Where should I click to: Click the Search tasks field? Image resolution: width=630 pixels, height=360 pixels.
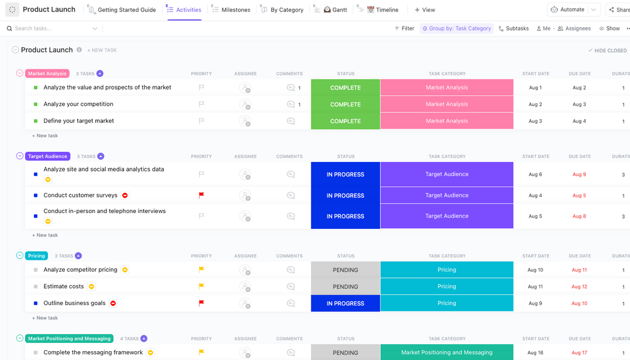point(50,28)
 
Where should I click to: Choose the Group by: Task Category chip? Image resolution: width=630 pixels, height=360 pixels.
point(457,28)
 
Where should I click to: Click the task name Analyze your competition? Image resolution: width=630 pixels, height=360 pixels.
point(78,104)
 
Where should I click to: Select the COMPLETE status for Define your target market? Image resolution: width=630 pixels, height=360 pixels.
point(345,121)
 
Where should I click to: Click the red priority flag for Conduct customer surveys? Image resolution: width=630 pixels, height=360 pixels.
point(202,195)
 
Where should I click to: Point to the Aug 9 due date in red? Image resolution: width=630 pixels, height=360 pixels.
point(579,175)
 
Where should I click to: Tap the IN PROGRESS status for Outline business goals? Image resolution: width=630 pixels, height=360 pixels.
point(345,303)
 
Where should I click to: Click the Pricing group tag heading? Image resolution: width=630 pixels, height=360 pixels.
point(37,256)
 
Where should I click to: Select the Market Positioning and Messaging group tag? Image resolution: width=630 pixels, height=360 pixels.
point(69,339)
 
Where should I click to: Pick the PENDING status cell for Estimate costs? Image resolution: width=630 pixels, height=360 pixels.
point(345,286)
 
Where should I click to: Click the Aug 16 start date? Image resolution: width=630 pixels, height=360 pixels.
point(535,353)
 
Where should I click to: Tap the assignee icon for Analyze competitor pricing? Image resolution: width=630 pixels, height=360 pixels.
point(245,270)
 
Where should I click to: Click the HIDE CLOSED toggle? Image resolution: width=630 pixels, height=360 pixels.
point(607,50)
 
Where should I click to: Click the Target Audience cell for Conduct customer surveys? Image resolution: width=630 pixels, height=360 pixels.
point(447,195)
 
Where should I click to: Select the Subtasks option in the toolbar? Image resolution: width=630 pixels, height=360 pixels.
point(513,28)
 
